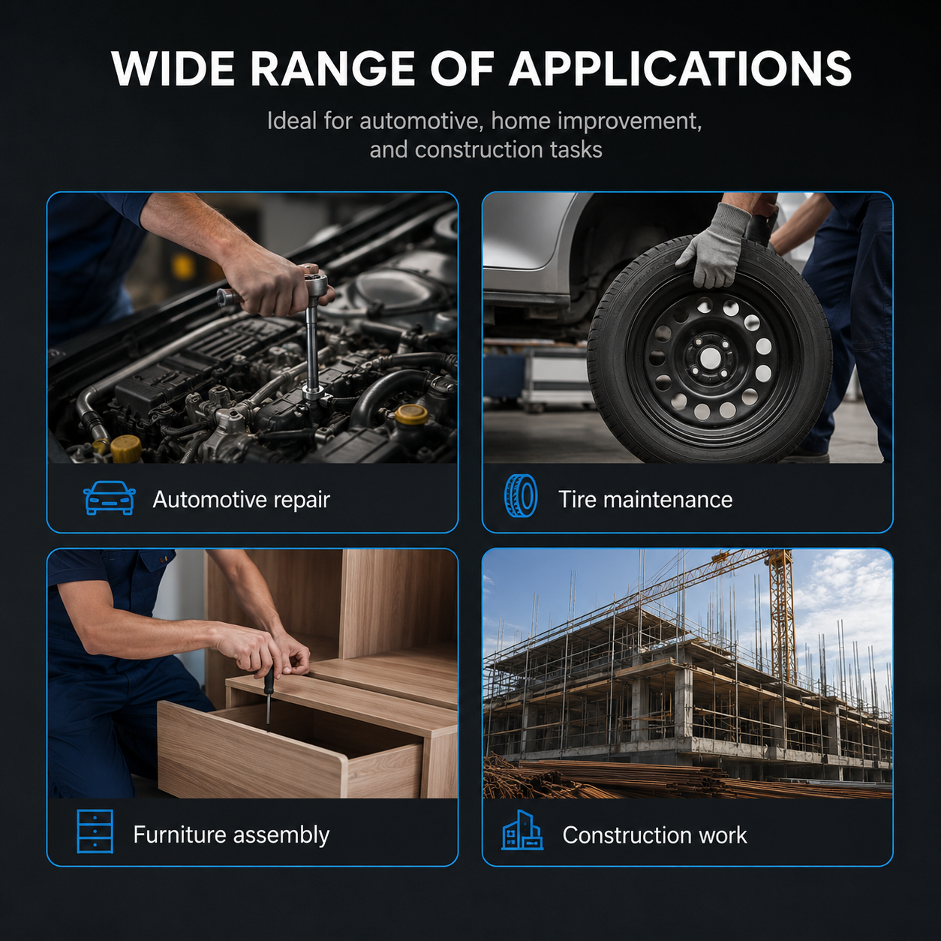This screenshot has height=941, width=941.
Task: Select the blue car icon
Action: (x=110, y=498)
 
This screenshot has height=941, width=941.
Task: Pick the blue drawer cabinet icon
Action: (x=95, y=831)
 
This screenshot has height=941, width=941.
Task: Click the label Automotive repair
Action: (x=241, y=500)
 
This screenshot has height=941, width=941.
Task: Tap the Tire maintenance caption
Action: (x=645, y=500)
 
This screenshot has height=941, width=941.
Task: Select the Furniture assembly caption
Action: (x=231, y=834)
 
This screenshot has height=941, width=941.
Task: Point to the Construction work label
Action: (x=654, y=835)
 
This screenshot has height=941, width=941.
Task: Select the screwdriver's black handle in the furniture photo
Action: (x=268, y=681)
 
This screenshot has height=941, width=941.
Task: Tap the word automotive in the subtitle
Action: (x=422, y=121)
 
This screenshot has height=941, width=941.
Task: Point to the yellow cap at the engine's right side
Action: (x=411, y=414)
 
